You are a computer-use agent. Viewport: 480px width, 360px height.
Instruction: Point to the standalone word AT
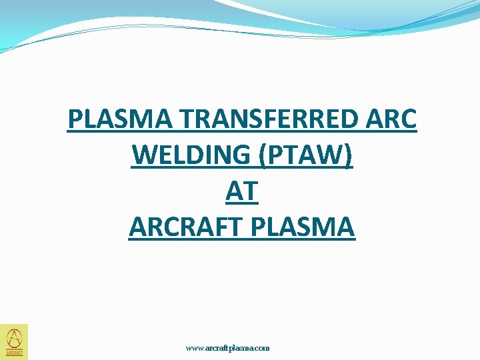pyautogui.click(x=241, y=192)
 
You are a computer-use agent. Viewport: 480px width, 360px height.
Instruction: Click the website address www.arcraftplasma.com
pyautogui.click(x=227, y=348)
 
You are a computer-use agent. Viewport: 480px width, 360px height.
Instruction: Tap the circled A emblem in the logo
pyautogui.click(x=14, y=337)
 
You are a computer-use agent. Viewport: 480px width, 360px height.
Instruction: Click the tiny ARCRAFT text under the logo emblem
pyautogui.click(x=14, y=353)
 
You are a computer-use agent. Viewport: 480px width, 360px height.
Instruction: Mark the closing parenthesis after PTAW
pyautogui.click(x=350, y=156)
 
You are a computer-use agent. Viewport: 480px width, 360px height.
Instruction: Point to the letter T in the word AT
pyautogui.click(x=249, y=192)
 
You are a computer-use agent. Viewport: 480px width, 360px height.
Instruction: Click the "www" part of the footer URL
pyautogui.click(x=195, y=348)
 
